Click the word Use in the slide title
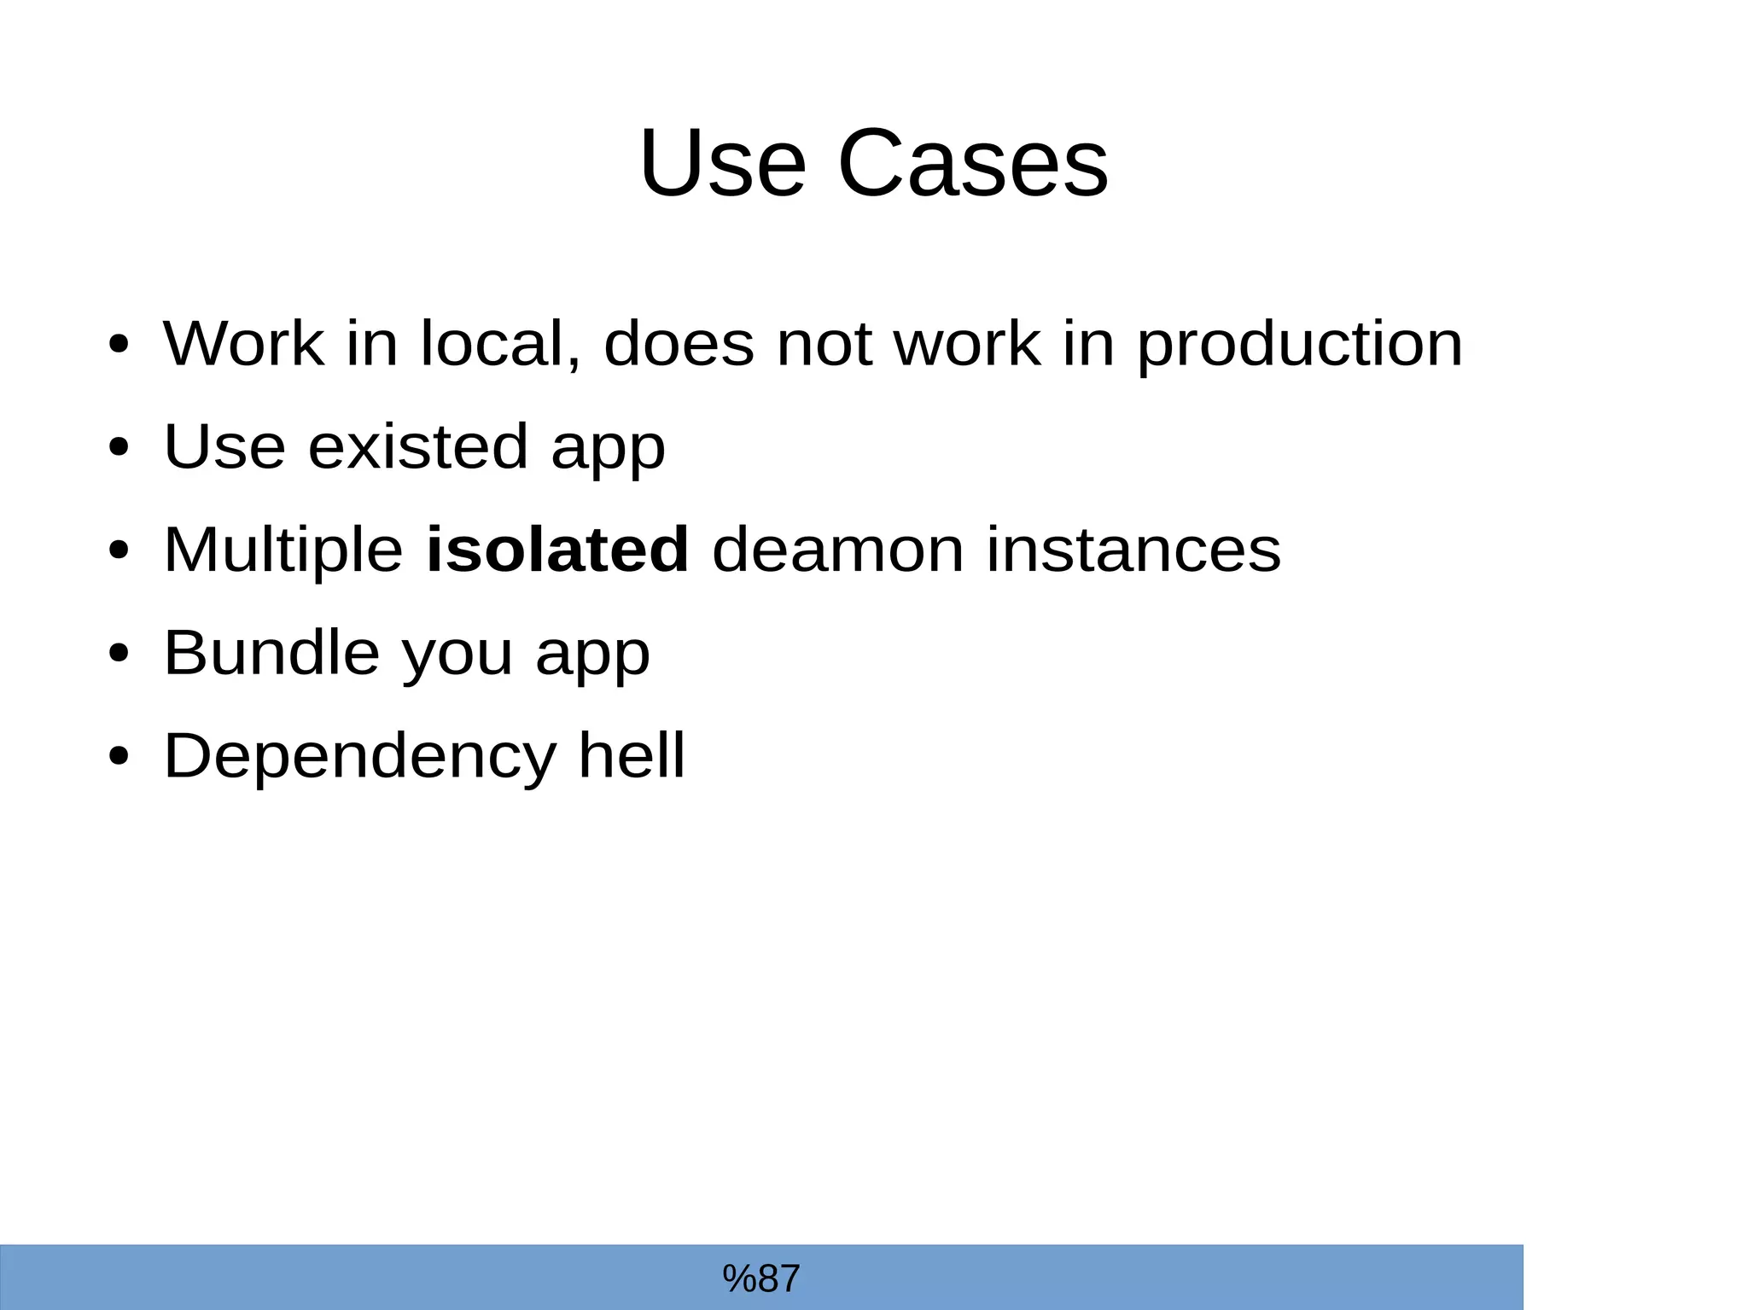click(722, 163)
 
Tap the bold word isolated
click(556, 549)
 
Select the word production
click(1300, 344)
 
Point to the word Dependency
click(359, 756)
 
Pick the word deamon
click(838, 549)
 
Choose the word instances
click(1133, 549)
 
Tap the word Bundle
click(271, 652)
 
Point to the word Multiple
click(283, 549)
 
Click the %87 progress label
click(761, 1278)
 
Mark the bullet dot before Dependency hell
click(119, 756)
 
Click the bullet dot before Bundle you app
click(119, 653)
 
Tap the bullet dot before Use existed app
click(119, 446)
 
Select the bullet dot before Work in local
click(119, 344)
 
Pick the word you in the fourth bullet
click(457, 654)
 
